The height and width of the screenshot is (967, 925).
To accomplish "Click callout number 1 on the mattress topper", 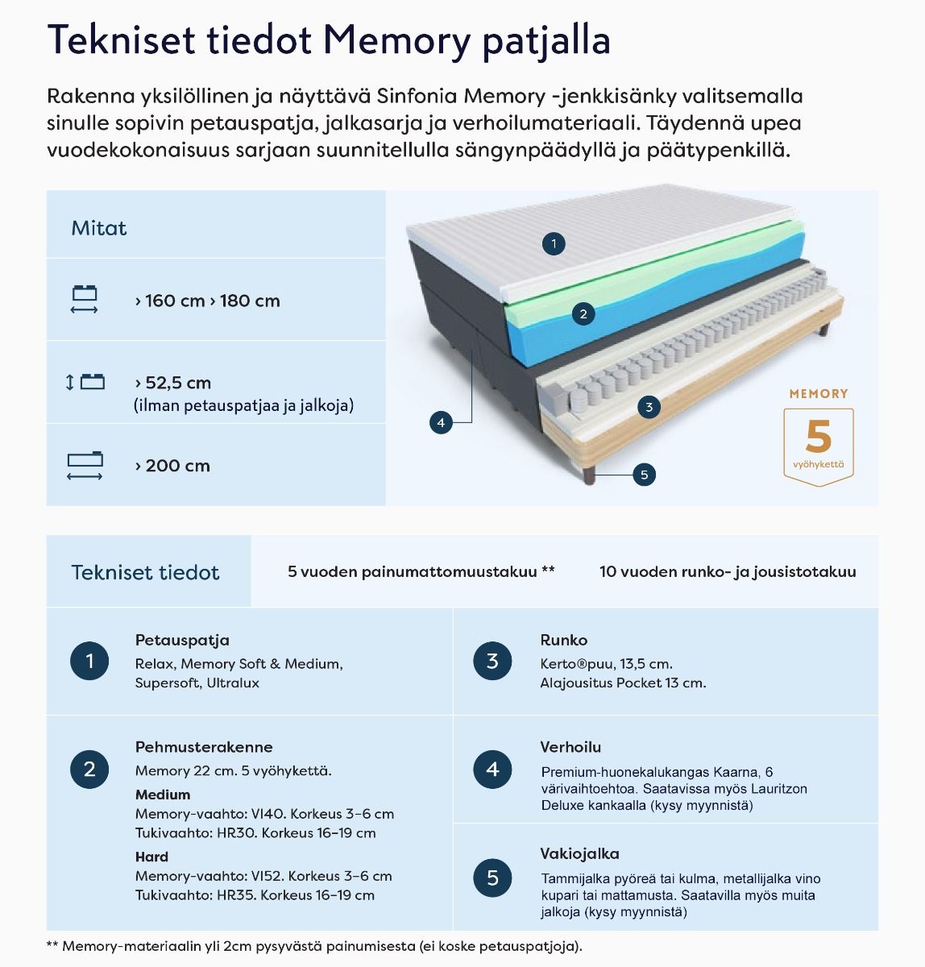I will pos(554,243).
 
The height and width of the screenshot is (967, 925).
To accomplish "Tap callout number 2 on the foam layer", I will pos(583,314).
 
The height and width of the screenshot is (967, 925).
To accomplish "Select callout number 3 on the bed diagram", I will pos(649,407).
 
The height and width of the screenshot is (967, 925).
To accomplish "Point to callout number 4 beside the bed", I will pos(441,422).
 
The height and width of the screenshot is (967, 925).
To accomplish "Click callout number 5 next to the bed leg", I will pos(644,475).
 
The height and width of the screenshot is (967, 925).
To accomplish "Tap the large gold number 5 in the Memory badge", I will pos(818,438).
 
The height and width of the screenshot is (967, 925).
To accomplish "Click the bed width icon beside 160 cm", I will pos(85,300).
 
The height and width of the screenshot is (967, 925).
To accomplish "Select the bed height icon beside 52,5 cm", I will pos(85,382).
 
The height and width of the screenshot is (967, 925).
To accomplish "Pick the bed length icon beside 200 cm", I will pos(85,465).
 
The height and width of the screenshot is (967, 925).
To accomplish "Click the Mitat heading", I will pos(99,229).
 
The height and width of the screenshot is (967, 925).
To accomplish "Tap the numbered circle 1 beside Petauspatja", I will pos(89,662).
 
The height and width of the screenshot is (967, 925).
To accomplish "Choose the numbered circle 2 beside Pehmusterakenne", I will pos(89,770).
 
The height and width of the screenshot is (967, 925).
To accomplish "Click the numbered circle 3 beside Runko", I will pos(492,662).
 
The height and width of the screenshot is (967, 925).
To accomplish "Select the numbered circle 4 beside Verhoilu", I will pos(492,770).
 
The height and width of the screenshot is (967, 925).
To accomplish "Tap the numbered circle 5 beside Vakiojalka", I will pos(492,878).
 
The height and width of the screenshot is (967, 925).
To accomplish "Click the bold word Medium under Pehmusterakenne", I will pos(163,795).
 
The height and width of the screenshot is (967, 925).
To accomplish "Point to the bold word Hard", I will pos(151,857).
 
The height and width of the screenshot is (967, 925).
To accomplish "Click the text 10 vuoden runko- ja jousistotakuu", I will pos(728,572).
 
